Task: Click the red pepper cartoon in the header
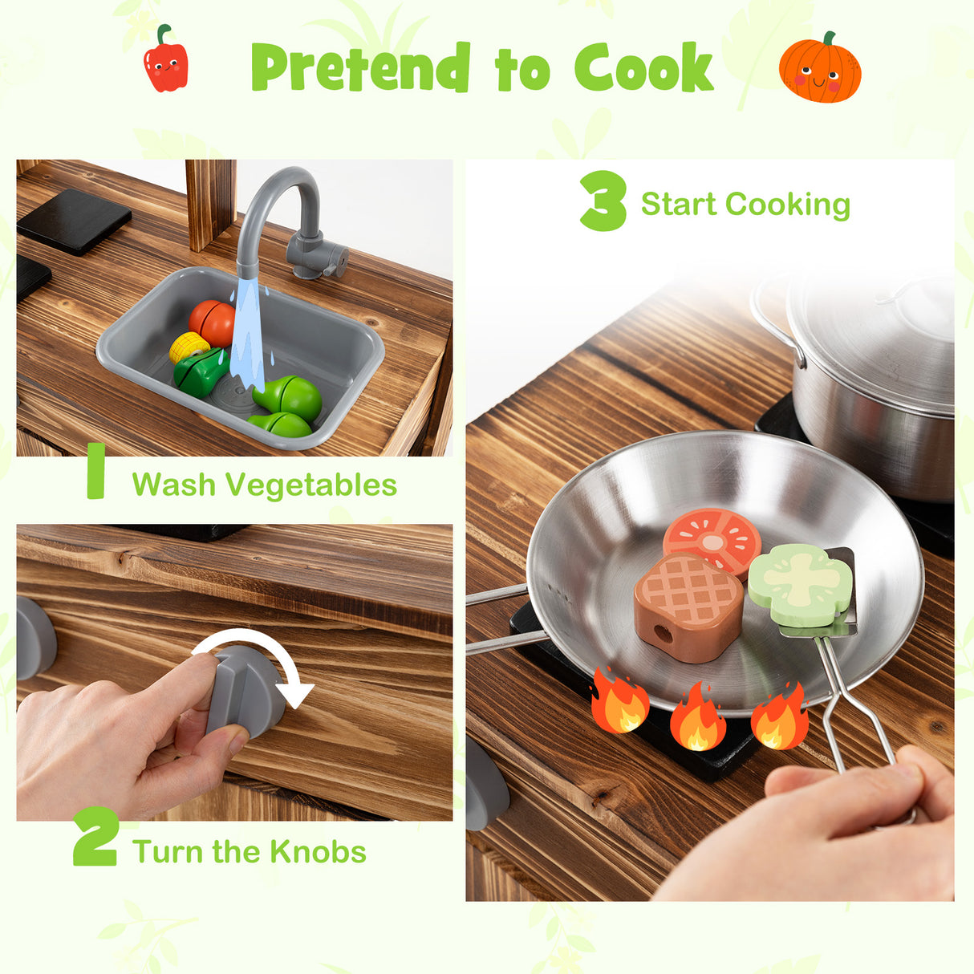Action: coord(166,61)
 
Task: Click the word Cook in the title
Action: coord(643,68)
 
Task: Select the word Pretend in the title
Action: coord(360,68)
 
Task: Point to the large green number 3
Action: coord(603,201)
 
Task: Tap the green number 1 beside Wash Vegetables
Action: coord(96,471)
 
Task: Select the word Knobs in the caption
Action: coord(319,852)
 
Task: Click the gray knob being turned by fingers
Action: coord(244,690)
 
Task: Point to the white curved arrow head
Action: coord(298,694)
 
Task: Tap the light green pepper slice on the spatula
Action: coord(799,583)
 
